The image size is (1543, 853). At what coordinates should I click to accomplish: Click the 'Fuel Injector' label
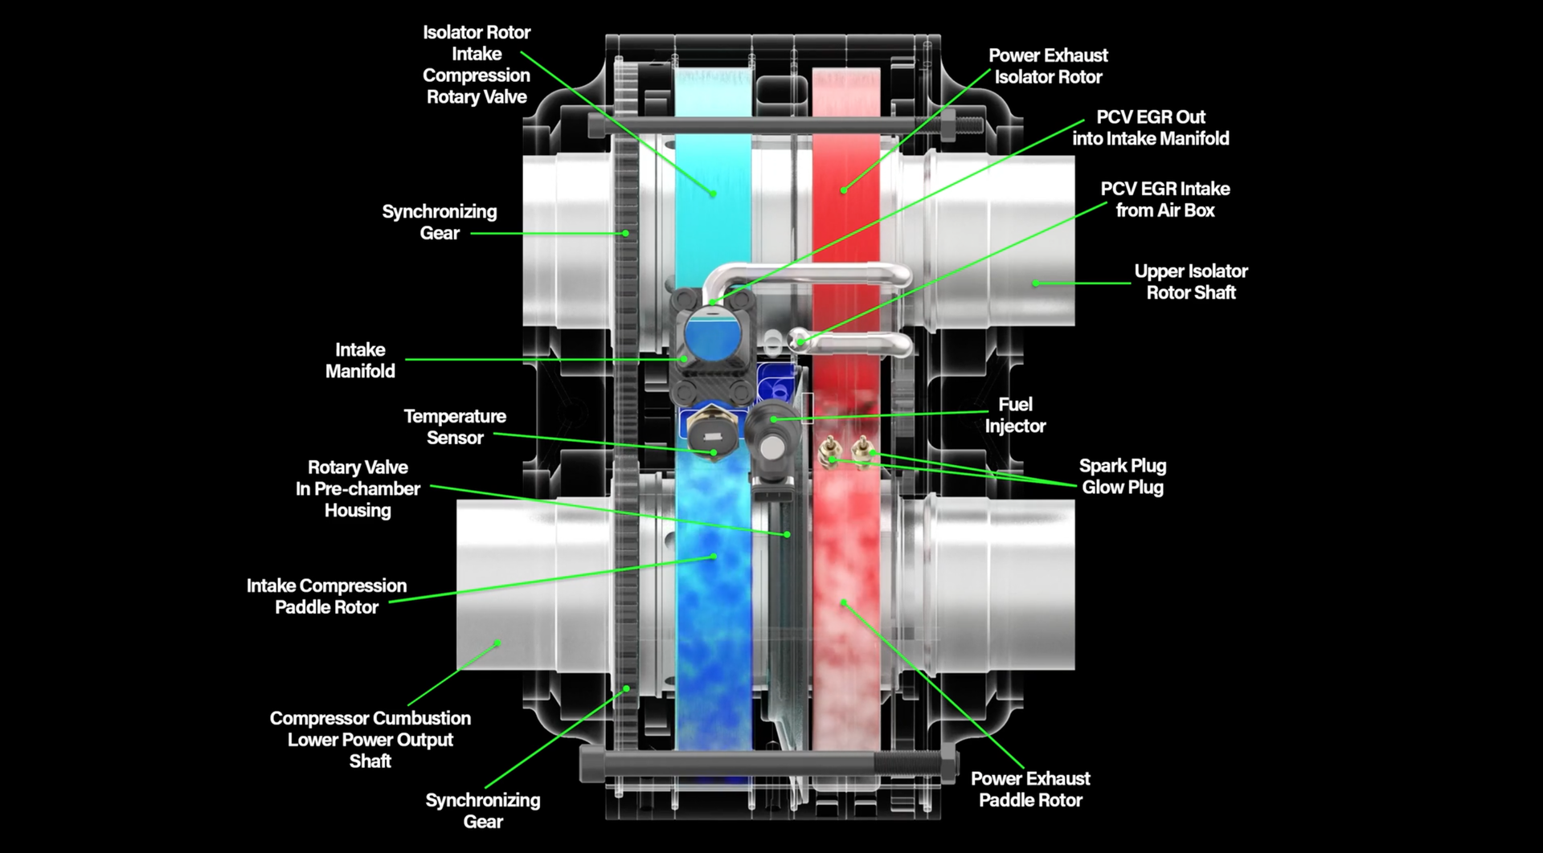[x=1015, y=415]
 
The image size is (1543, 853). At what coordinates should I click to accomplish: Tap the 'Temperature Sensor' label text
[x=455, y=426]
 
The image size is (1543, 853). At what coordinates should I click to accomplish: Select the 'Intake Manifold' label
[x=360, y=361]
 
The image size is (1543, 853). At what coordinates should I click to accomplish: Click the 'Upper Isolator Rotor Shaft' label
[x=1190, y=282]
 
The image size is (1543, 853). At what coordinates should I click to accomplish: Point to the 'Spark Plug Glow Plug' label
[x=1122, y=476]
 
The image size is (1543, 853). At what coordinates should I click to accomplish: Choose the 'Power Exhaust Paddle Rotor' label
[x=1030, y=789]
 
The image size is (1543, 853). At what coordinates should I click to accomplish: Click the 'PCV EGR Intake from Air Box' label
[x=1164, y=199]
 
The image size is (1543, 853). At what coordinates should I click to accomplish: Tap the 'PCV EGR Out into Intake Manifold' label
[x=1150, y=128]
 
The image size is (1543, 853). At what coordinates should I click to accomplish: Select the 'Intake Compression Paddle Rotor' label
[x=326, y=596]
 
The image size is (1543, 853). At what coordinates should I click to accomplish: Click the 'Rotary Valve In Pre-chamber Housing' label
[x=358, y=488]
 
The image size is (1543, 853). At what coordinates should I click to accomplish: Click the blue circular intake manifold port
[x=713, y=336]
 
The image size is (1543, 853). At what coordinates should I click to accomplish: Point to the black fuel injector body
[x=770, y=438]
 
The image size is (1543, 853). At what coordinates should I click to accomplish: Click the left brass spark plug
[x=828, y=451]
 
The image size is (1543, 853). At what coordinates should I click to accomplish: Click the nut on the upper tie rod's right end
[x=947, y=124]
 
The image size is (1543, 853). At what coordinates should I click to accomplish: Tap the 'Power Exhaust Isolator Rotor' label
[x=1048, y=66]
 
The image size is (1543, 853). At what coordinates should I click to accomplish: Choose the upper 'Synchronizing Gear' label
[x=440, y=222]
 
